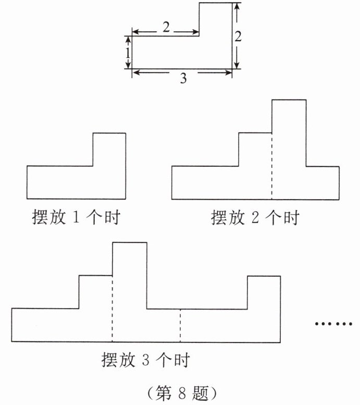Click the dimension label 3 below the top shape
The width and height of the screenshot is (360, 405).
(x=183, y=79)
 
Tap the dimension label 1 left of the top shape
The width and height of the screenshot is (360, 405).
(x=127, y=53)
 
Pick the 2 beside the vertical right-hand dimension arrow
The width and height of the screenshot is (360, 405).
(x=238, y=36)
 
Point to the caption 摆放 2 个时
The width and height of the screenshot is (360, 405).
(x=255, y=217)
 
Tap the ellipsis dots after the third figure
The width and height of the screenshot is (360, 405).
(x=334, y=324)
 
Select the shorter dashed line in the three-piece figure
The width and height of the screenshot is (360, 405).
(x=180, y=325)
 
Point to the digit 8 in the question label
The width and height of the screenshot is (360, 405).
(x=180, y=392)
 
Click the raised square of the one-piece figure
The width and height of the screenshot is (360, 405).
(x=109, y=150)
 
